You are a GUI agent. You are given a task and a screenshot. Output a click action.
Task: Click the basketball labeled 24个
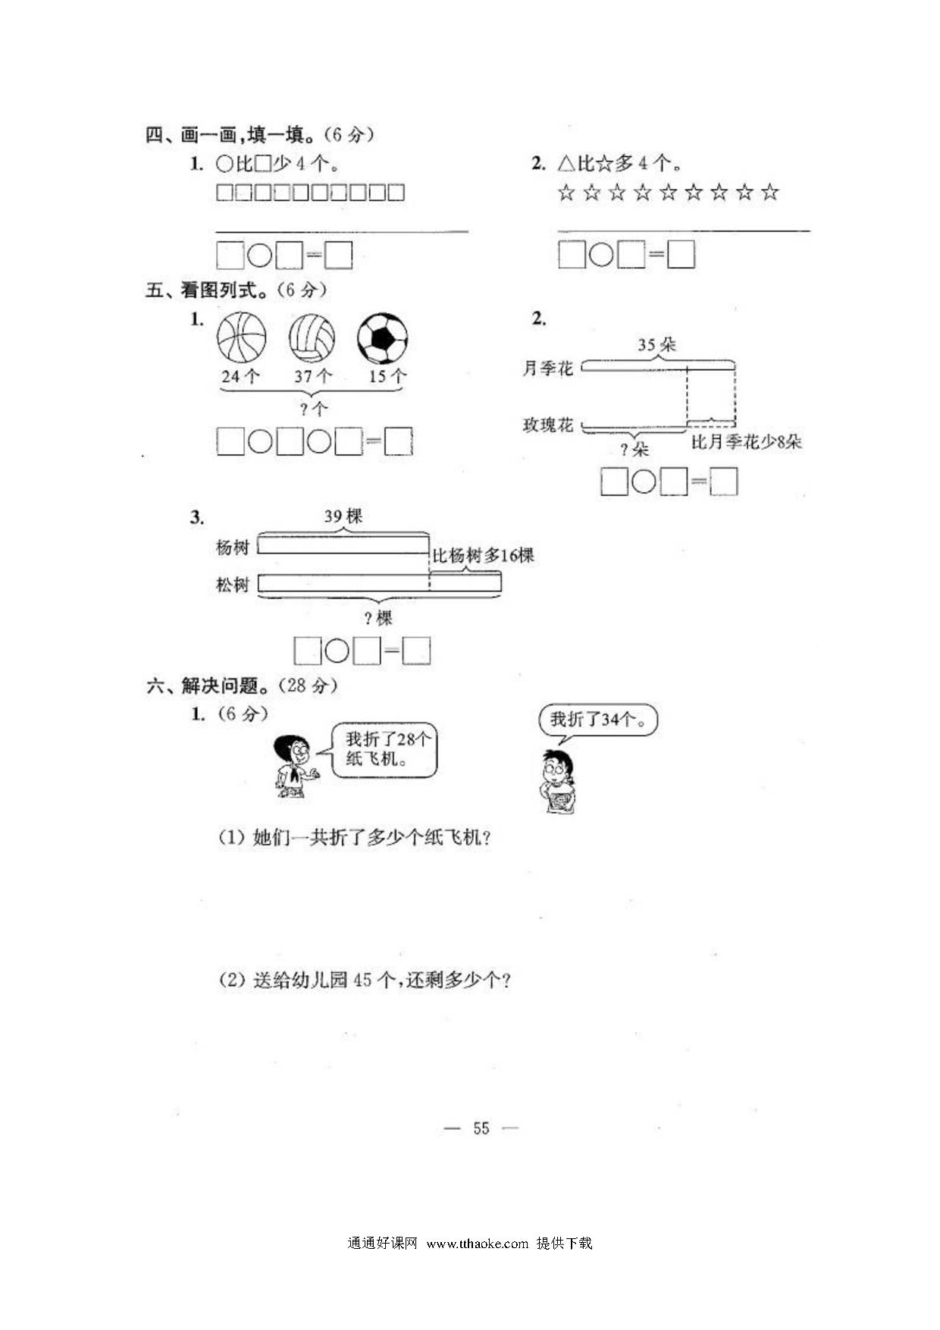tap(241, 338)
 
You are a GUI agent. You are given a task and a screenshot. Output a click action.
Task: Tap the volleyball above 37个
tap(312, 338)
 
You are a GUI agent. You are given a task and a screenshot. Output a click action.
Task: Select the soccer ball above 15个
tap(382, 338)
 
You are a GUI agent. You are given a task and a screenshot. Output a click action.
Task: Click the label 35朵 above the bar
tap(656, 345)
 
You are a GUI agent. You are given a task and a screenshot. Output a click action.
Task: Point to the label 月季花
tap(547, 369)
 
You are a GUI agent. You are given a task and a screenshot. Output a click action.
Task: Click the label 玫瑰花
tap(547, 425)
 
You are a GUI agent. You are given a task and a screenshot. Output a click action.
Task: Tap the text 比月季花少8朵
tap(746, 442)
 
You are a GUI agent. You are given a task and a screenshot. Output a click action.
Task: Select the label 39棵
tap(343, 516)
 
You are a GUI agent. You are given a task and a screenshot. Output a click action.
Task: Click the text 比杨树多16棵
tap(483, 556)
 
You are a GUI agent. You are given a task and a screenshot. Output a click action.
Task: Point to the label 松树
tap(232, 585)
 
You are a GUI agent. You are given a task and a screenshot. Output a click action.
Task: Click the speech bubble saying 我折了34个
tap(598, 720)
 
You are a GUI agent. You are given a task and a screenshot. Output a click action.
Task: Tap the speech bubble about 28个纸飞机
tap(384, 749)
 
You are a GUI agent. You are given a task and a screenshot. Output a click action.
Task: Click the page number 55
tap(481, 1128)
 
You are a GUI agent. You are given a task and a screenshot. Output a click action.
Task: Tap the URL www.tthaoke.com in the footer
tap(477, 1244)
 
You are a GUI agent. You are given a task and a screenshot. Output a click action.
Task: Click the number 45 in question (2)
tap(362, 980)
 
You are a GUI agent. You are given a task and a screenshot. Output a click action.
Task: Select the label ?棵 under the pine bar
tap(378, 619)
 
